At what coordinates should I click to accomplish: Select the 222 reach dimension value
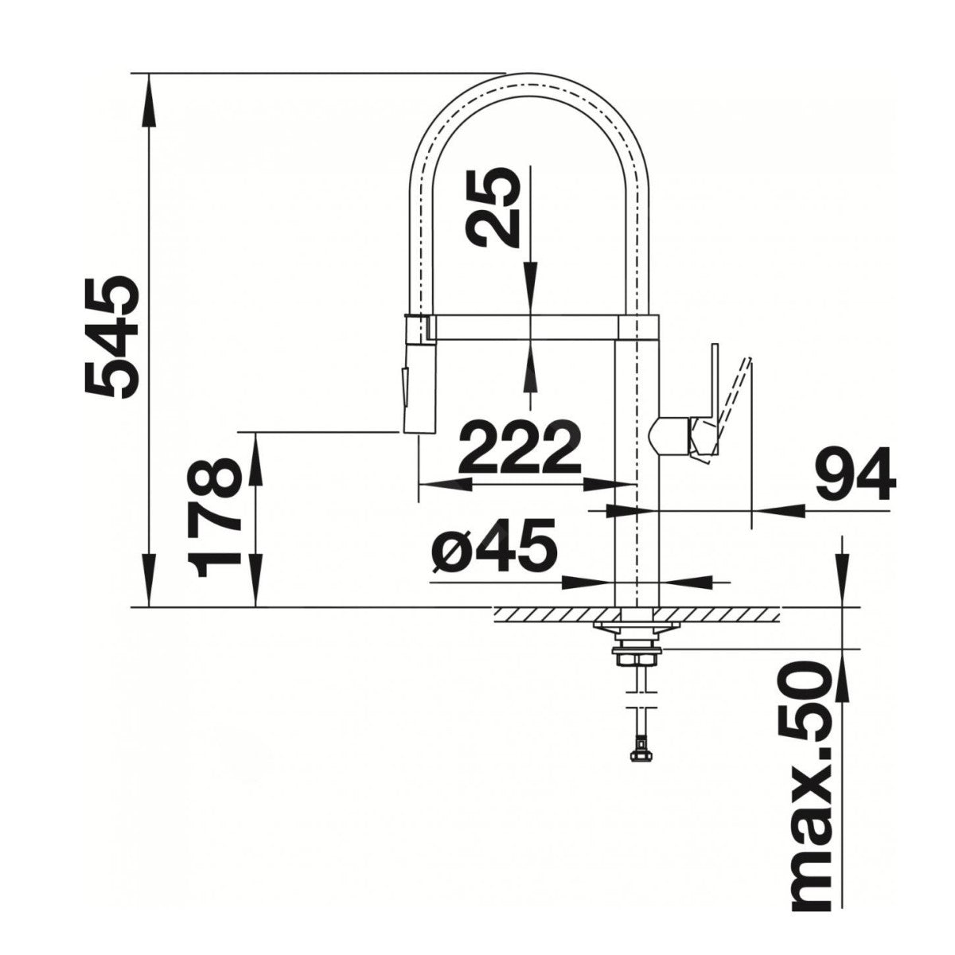[520, 448]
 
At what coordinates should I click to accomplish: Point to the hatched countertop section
[636, 614]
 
